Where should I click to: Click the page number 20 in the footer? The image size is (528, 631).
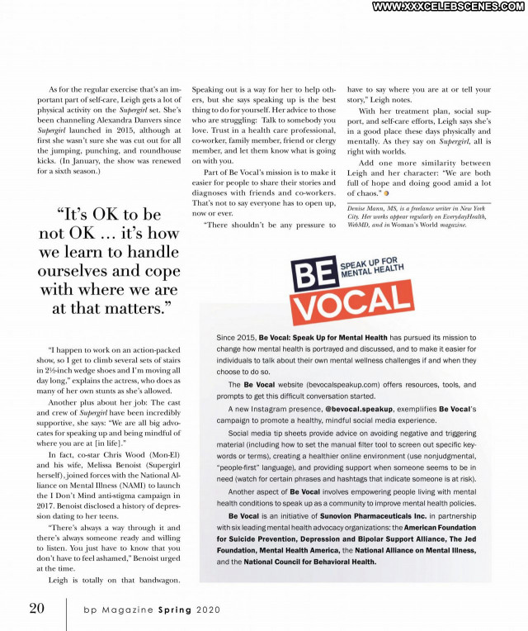coord(37,609)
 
